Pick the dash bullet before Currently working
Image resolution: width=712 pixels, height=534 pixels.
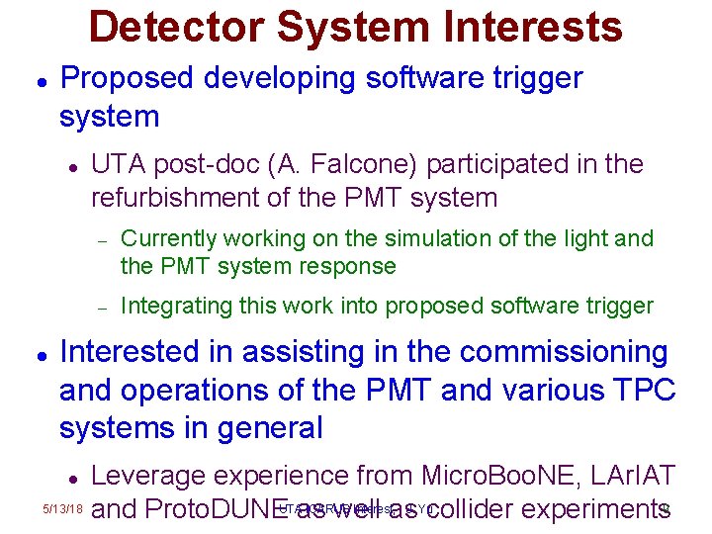coord(100,239)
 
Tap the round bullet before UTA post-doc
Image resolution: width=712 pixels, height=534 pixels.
coord(71,165)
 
